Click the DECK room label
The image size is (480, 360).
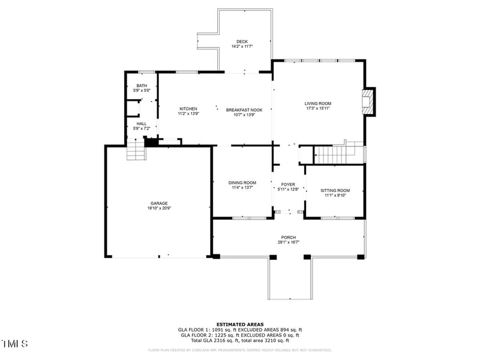[x=242, y=41]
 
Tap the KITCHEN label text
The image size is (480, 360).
[x=188, y=109]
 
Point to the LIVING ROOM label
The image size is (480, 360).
[x=318, y=103]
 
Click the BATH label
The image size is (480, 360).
[x=142, y=86]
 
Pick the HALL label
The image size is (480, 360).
[x=142, y=124]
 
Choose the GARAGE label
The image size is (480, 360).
[x=159, y=203]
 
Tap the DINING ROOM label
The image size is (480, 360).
[x=242, y=182]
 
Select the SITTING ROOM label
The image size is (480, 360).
[x=335, y=190]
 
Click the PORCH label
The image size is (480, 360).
[x=289, y=237]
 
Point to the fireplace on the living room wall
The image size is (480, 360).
[x=369, y=103]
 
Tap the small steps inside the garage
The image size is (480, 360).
[x=136, y=149]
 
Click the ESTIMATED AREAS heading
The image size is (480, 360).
[x=240, y=324]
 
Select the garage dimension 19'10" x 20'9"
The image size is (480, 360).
[x=159, y=208]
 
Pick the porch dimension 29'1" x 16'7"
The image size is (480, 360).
[x=289, y=242]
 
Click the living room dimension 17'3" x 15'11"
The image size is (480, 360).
[x=318, y=109]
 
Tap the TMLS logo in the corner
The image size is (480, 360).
[x=14, y=344]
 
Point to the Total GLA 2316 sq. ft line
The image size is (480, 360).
[x=240, y=340]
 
